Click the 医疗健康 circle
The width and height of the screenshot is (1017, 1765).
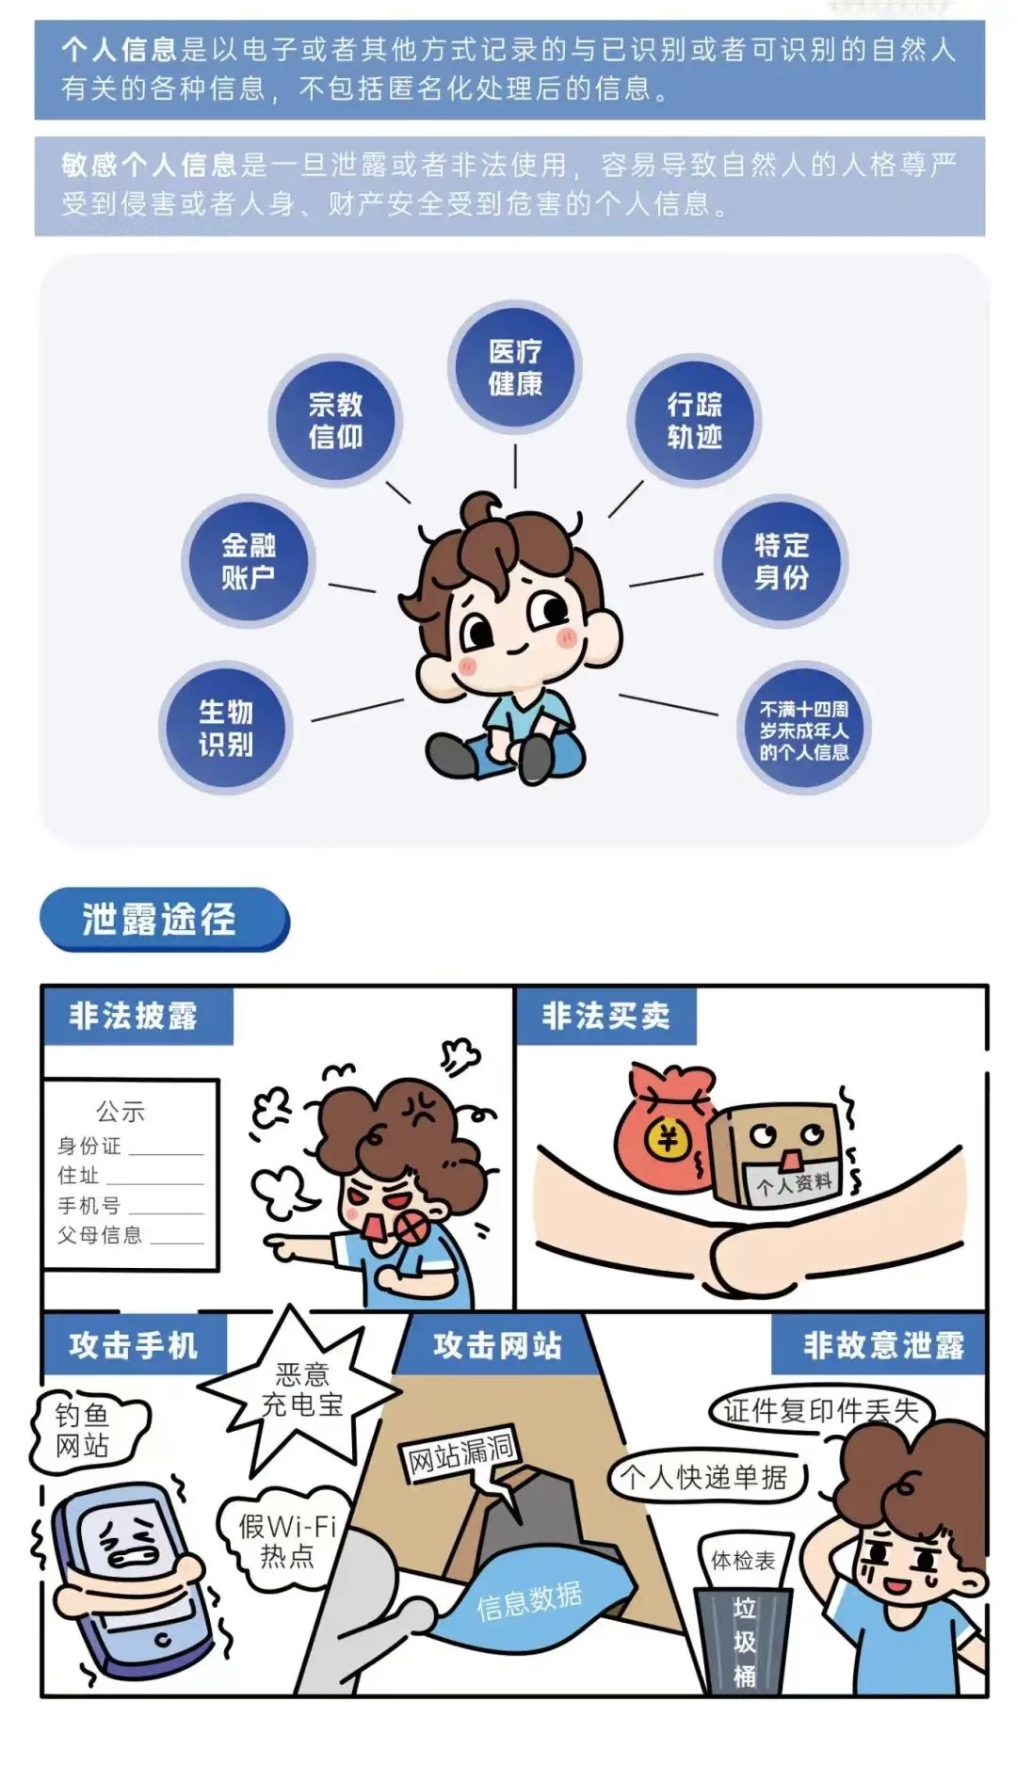pyautogui.click(x=514, y=368)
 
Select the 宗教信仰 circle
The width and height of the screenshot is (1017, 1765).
pyautogui.click(x=335, y=421)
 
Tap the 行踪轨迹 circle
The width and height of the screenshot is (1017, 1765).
pyautogui.click(x=694, y=421)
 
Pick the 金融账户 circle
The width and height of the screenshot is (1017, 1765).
pyautogui.click(x=249, y=561)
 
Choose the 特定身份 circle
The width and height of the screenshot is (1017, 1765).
pyautogui.click(x=782, y=561)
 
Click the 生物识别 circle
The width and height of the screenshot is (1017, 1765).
pyautogui.click(x=226, y=728)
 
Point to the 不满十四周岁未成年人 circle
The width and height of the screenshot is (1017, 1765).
pyautogui.click(x=803, y=730)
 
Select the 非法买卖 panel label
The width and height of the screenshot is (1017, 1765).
pyautogui.click(x=606, y=1017)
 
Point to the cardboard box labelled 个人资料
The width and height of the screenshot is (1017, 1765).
pyautogui.click(x=780, y=1155)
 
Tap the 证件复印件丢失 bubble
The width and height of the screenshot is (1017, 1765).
pyautogui.click(x=820, y=1410)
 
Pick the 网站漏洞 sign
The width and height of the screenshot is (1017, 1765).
pyautogui.click(x=460, y=1456)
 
